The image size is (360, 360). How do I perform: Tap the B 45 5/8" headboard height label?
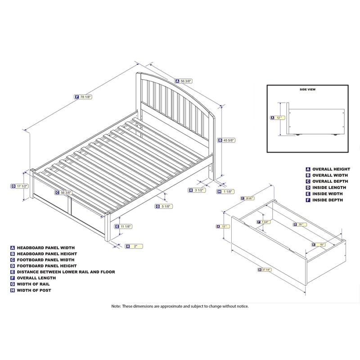[x=226, y=140]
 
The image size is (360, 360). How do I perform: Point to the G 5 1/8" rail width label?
[x=164, y=206]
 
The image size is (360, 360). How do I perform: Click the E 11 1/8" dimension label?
[x=124, y=226]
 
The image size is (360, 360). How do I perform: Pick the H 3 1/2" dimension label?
[x=197, y=190]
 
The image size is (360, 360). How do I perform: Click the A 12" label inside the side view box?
[x=275, y=117]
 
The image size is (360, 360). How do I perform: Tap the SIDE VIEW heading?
[x=307, y=90]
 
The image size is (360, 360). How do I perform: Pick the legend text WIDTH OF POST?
[x=33, y=290]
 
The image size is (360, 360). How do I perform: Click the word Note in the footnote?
[x=117, y=306]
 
